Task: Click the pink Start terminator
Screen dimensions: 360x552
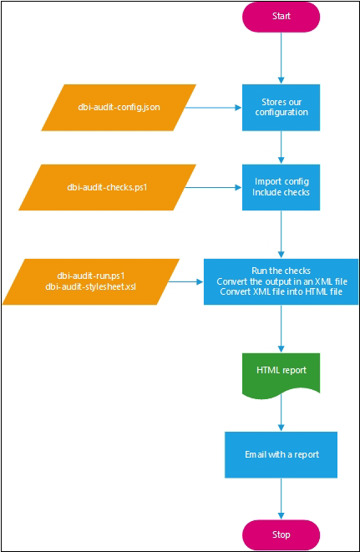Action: click(281, 17)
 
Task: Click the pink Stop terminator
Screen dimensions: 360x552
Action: click(281, 534)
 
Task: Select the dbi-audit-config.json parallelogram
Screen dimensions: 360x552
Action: click(119, 108)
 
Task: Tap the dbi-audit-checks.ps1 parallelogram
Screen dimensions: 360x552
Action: click(107, 187)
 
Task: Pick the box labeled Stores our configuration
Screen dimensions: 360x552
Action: click(281, 108)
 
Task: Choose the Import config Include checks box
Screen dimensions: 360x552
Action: click(281, 187)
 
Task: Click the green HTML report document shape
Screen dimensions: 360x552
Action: click(281, 375)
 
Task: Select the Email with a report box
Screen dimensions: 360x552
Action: click(281, 454)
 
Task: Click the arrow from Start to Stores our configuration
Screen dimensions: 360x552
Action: click(281, 58)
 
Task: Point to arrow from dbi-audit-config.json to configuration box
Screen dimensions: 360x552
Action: click(213, 108)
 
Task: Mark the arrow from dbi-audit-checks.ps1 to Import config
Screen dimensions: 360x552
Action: click(213, 187)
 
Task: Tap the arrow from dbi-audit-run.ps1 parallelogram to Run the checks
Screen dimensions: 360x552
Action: click(185, 281)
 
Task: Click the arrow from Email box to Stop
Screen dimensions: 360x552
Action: click(281, 499)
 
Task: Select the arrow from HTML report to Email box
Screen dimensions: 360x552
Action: click(281, 413)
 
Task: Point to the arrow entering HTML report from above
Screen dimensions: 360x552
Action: click(281, 329)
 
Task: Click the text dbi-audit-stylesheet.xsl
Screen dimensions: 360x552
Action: click(90, 286)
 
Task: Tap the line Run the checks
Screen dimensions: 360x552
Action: click(281, 271)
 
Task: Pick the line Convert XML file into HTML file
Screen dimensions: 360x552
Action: click(281, 291)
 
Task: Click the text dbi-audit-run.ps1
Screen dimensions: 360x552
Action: click(90, 276)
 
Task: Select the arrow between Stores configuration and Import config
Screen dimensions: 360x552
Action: click(281, 148)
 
